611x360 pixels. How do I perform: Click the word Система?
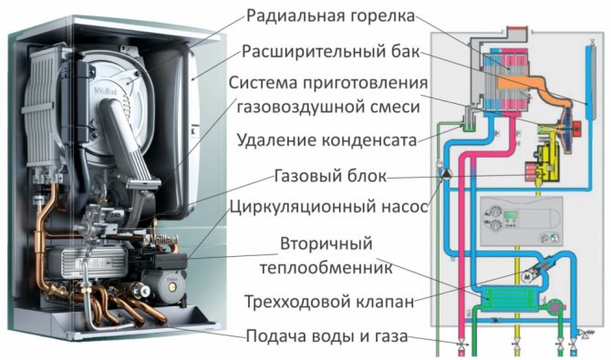click(269, 83)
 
